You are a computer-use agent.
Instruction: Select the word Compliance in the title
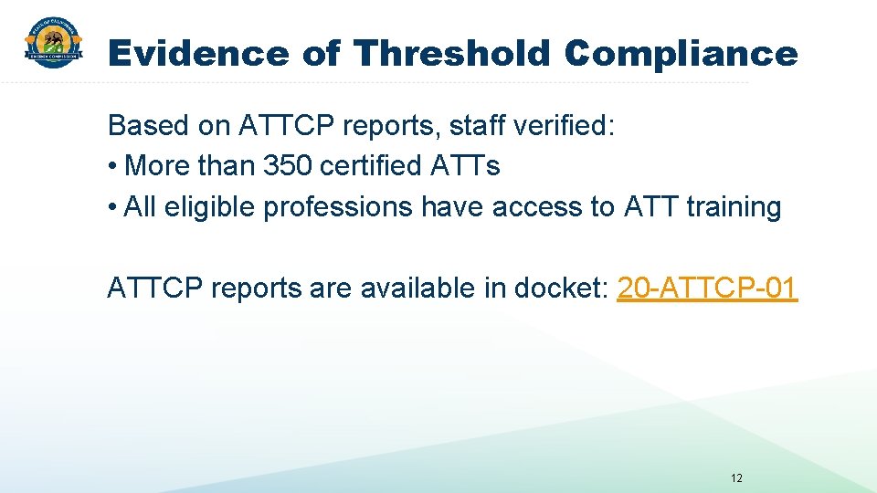click(x=681, y=54)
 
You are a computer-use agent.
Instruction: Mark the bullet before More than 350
click(x=112, y=167)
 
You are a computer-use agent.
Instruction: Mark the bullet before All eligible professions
click(x=112, y=208)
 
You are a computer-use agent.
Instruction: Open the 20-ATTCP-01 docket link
click(x=707, y=288)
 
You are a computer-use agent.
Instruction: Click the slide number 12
click(x=736, y=478)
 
